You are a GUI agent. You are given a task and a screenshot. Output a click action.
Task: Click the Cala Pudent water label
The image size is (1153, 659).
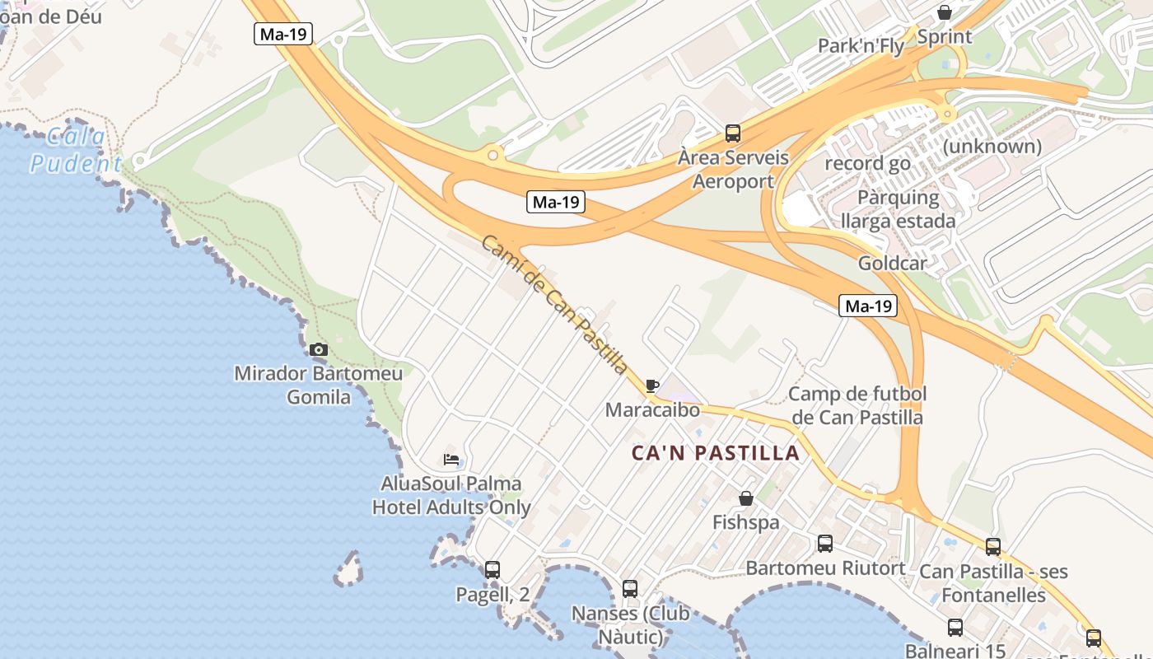click(x=76, y=150)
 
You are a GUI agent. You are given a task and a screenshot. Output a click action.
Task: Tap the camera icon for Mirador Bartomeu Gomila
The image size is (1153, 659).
click(x=319, y=349)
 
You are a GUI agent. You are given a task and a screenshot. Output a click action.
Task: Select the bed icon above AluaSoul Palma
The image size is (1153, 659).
click(x=451, y=460)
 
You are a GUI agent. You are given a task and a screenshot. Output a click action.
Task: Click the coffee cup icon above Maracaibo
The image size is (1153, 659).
click(x=652, y=386)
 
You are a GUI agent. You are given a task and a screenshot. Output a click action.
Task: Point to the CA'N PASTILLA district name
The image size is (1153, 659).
click(x=716, y=453)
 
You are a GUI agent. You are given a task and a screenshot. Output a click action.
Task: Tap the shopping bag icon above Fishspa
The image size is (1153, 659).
click(x=746, y=498)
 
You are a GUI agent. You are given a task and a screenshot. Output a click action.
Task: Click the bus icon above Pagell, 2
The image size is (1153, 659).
click(x=492, y=569)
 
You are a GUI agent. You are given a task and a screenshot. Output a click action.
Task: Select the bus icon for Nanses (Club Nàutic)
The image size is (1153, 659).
click(x=630, y=588)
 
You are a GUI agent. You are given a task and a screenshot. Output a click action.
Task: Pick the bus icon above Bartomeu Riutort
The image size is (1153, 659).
click(x=825, y=544)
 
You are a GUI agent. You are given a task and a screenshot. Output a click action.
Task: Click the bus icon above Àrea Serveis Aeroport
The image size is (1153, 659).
click(x=732, y=133)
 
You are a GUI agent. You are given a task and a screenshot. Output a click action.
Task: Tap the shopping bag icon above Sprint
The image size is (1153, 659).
click(x=945, y=12)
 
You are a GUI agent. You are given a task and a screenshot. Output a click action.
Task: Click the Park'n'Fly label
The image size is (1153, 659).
click(x=861, y=46)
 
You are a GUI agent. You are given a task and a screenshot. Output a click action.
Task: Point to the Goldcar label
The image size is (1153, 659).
click(x=892, y=264)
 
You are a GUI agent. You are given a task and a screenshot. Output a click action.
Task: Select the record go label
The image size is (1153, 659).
click(x=868, y=163)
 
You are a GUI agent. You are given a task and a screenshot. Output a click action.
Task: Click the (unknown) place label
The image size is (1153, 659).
click(x=992, y=147)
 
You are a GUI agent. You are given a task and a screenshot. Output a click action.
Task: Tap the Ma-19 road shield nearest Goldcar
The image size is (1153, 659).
click(x=869, y=306)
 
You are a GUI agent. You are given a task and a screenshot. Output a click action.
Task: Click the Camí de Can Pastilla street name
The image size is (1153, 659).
click(x=554, y=304)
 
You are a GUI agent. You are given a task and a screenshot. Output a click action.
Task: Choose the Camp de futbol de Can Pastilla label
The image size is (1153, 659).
click(x=857, y=405)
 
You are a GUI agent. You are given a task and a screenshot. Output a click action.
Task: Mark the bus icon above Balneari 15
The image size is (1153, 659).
click(x=955, y=628)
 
